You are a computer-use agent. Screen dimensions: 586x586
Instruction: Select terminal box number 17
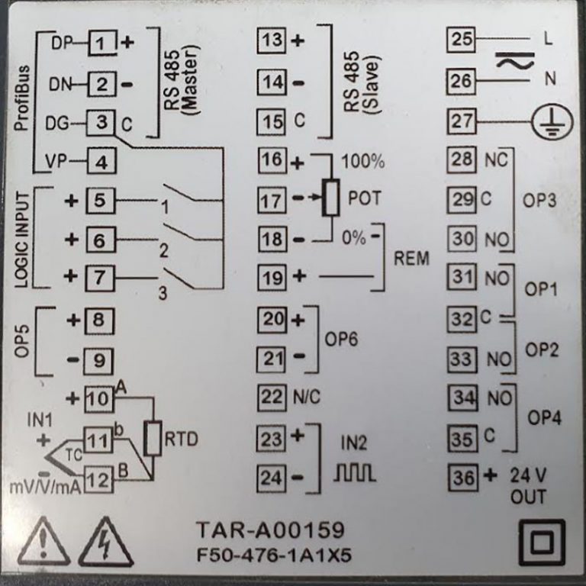[x=270, y=201]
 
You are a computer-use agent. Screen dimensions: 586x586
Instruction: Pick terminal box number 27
[x=462, y=121]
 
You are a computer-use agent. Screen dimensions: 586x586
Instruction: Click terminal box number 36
[x=462, y=478]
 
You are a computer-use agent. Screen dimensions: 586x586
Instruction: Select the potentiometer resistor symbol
[x=330, y=197]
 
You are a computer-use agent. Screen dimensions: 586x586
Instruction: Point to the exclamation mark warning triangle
[x=43, y=543]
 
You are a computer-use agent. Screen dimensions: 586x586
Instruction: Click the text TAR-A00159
[x=270, y=530]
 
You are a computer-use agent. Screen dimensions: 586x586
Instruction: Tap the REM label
[x=411, y=258]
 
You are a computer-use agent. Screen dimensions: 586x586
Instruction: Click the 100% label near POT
[x=363, y=163]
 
